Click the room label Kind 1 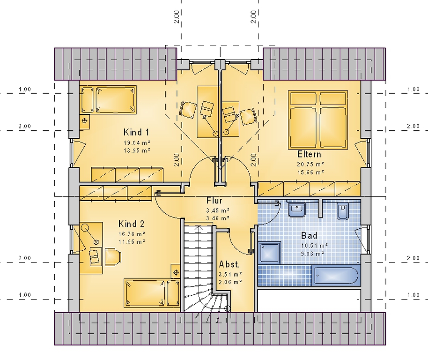pyautogui.click(x=136, y=133)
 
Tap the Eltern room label pyautogui.click(x=309, y=154)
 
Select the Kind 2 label pyautogui.click(x=131, y=224)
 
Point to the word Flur pyautogui.click(x=214, y=201)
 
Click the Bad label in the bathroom pyautogui.click(x=309, y=235)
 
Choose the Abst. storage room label pyautogui.click(x=229, y=264)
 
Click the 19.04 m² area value pyautogui.click(x=137, y=143)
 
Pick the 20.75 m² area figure pyautogui.click(x=310, y=165)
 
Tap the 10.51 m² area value pyautogui.click(x=315, y=246)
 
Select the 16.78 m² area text pyautogui.click(x=132, y=234)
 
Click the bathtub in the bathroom pyautogui.click(x=335, y=275)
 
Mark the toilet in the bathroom pyautogui.click(x=343, y=210)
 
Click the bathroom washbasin pyautogui.click(x=297, y=210)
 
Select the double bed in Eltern pyautogui.click(x=318, y=120)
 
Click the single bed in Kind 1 pyautogui.click(x=108, y=100)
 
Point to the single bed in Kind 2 pyautogui.click(x=152, y=293)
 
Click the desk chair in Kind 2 pyautogui.click(x=113, y=257)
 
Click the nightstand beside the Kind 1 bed pyautogui.click(x=84, y=120)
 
